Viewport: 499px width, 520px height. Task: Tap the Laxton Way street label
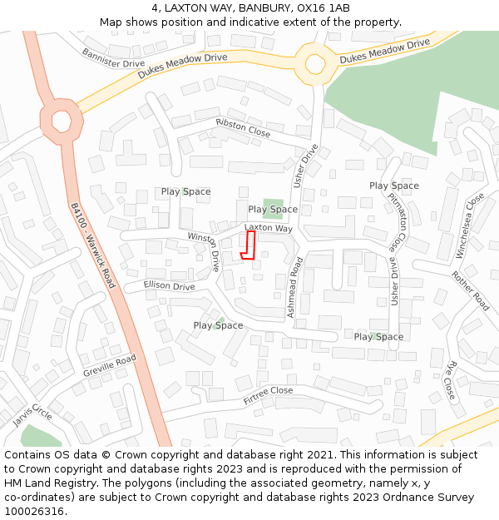(x=269, y=228)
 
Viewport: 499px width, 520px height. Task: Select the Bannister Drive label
(x=113, y=57)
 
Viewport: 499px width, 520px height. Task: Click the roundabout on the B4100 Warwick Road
(x=62, y=121)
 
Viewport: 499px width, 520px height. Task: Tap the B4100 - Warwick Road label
(x=92, y=247)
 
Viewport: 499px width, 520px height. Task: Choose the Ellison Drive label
(x=169, y=286)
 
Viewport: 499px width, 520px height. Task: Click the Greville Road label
(x=109, y=366)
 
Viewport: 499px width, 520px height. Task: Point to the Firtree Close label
(x=268, y=395)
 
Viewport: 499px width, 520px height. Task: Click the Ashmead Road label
(x=294, y=286)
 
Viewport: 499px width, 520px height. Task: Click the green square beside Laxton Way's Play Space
(x=273, y=209)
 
